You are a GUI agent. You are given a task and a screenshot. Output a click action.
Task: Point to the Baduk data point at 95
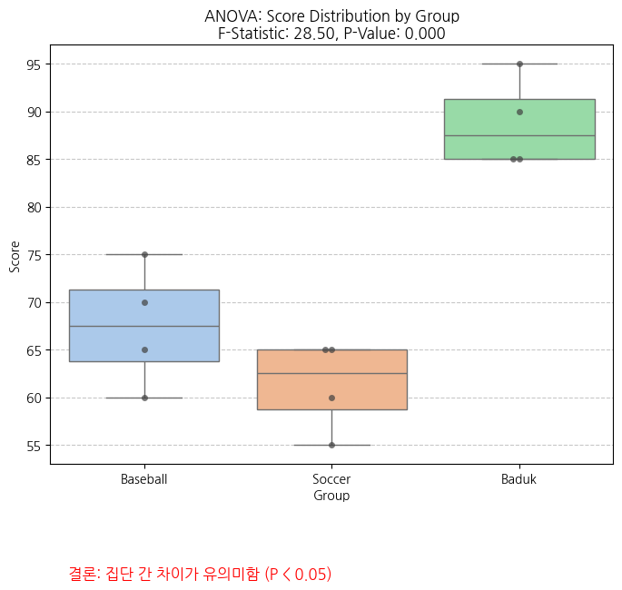pyautogui.click(x=519, y=64)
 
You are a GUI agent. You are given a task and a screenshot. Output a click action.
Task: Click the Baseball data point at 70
pyautogui.click(x=144, y=302)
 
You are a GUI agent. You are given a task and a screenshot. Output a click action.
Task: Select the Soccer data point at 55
pyautogui.click(x=331, y=445)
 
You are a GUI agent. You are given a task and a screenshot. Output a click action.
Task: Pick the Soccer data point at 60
pyautogui.click(x=331, y=398)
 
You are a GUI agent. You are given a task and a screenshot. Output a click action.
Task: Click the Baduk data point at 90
pyautogui.click(x=519, y=112)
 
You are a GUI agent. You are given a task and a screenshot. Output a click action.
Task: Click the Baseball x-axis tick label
pyautogui.click(x=143, y=478)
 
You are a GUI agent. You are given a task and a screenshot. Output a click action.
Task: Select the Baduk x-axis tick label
pyautogui.click(x=518, y=478)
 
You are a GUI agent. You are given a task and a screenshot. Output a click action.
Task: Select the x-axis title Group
pyautogui.click(x=331, y=496)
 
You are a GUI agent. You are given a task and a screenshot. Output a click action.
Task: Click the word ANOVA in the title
pyautogui.click(x=231, y=16)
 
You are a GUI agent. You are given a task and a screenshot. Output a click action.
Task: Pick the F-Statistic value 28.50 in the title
pyautogui.click(x=314, y=34)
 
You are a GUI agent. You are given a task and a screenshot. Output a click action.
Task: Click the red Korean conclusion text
pyautogui.click(x=200, y=574)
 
